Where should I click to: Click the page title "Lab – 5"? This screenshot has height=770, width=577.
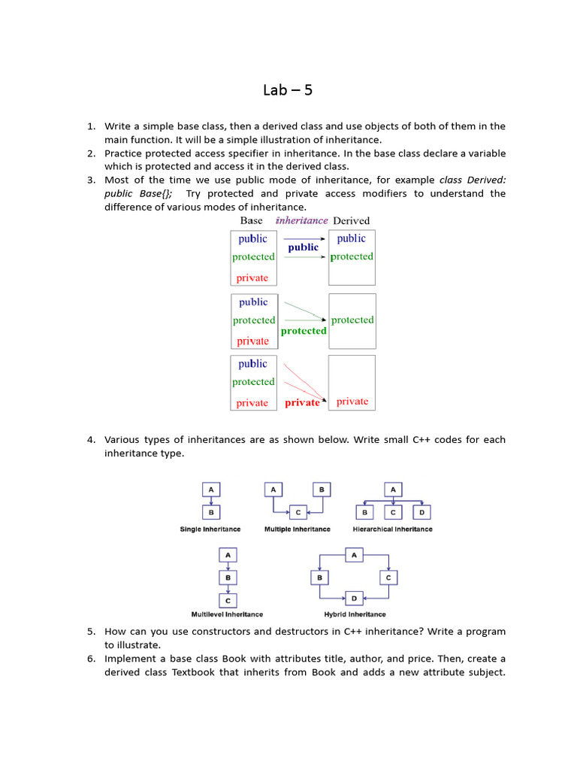point(288,90)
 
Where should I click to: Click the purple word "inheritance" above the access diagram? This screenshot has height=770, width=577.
point(301,220)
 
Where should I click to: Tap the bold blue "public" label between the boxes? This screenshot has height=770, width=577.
point(303,247)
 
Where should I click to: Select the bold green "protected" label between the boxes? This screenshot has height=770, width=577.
point(304,331)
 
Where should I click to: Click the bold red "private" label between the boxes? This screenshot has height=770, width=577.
point(302,403)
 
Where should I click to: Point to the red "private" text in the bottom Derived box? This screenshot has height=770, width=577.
point(352,402)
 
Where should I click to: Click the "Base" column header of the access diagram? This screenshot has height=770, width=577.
point(251,220)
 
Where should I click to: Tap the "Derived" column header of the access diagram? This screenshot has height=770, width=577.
point(351,220)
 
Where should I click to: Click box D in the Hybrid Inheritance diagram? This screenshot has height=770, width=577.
point(354,599)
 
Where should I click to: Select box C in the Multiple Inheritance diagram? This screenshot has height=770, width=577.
point(298,512)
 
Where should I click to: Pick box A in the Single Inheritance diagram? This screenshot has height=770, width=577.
point(210,490)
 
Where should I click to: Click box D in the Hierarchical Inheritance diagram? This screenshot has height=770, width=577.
point(422,512)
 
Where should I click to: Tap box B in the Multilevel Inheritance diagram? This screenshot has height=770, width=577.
point(227,577)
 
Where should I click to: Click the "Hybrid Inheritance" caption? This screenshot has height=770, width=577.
point(355,614)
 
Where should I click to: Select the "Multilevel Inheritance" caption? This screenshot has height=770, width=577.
point(227,614)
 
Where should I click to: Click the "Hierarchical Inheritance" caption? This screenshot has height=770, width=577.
point(392,529)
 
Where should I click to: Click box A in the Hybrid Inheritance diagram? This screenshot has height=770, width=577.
point(354,555)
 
